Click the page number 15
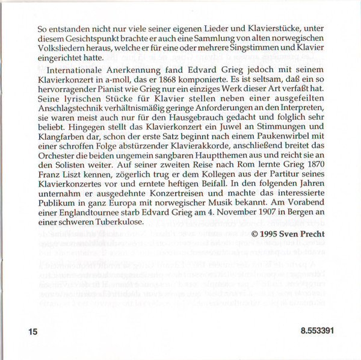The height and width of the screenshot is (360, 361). point(32,332)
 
